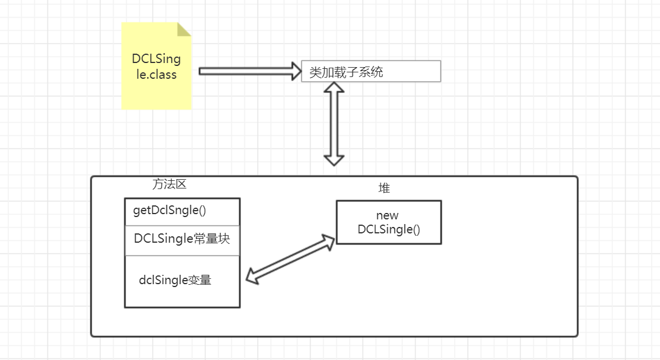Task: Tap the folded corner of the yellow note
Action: point(184,29)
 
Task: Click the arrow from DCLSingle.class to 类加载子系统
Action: point(245,71)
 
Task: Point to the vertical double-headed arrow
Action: point(334,124)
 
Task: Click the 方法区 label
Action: point(169,184)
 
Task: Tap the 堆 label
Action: point(384,188)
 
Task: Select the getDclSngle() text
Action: point(170,211)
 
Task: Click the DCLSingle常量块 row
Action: point(182,239)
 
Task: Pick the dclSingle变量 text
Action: point(175,280)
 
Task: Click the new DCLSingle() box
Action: point(389,222)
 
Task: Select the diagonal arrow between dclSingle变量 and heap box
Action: point(290,258)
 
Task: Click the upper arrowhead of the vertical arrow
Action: point(334,88)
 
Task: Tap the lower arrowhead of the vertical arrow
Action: point(334,159)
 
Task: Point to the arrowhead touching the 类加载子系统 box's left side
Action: point(295,71)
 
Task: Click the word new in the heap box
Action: point(387,216)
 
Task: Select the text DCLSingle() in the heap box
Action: point(389,229)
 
